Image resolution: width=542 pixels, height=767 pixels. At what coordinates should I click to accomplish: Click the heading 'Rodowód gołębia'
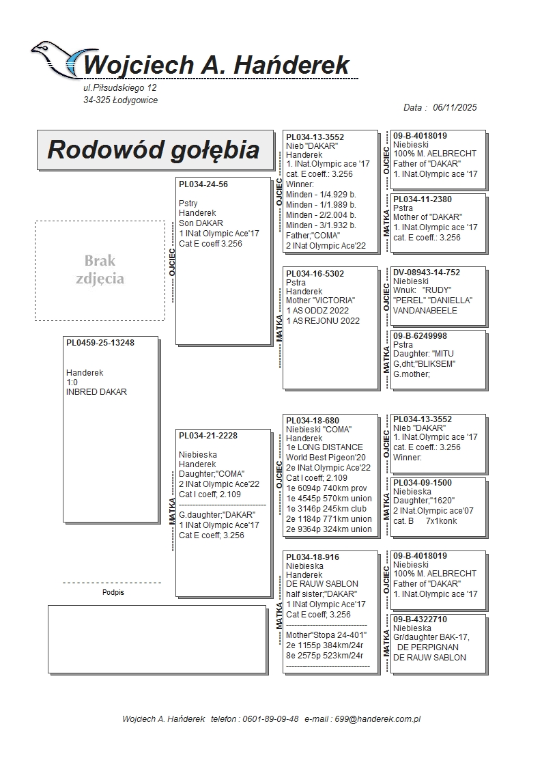pos(154,150)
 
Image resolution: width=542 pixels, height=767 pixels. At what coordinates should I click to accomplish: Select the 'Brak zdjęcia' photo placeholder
pos(100,270)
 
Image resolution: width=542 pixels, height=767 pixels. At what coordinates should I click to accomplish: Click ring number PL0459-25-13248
pos(100,343)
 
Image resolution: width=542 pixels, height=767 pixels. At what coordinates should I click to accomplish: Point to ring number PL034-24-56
pos(203,184)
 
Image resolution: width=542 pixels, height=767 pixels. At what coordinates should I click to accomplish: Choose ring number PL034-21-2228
pos(208,436)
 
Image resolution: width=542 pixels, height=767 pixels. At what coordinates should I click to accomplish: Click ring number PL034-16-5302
pos(315,273)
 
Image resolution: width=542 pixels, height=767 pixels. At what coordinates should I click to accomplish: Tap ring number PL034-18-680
pos(313,420)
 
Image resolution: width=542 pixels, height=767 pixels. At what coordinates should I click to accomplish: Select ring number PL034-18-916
pos(313,557)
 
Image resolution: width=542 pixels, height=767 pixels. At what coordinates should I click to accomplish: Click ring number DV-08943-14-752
pos(427,273)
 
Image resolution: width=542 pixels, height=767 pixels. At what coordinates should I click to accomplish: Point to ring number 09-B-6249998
pos(420,336)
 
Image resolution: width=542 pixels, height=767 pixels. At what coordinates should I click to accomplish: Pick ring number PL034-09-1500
pos(422,482)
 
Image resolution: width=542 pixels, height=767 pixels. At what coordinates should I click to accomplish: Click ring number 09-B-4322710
pos(420,619)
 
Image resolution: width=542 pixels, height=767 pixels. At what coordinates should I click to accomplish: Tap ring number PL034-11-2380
pos(422,199)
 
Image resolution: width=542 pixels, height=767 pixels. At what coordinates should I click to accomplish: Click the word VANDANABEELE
pos(425,310)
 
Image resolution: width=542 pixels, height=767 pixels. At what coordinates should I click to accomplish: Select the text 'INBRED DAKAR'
pos(96,392)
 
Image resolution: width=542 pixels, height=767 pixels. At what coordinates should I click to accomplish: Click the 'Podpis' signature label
pos(113,593)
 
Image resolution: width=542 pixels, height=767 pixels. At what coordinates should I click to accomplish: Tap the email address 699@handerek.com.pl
pos(386,719)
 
